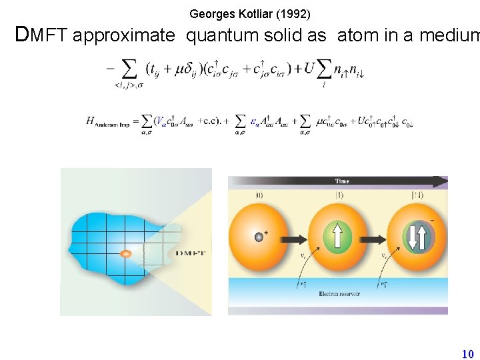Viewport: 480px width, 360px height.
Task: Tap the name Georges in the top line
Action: (x=209, y=13)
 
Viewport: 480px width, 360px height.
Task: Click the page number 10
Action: (x=467, y=354)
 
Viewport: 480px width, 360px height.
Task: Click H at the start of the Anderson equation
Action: (x=90, y=121)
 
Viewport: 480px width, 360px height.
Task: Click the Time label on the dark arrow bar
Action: (x=342, y=181)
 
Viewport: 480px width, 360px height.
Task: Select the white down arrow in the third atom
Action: (x=412, y=238)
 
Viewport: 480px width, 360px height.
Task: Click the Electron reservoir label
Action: (x=339, y=294)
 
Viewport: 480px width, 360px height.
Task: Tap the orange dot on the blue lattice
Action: (x=125, y=253)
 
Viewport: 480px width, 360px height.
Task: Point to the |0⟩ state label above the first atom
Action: (x=260, y=195)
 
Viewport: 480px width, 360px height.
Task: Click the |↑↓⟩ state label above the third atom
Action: (x=417, y=195)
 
